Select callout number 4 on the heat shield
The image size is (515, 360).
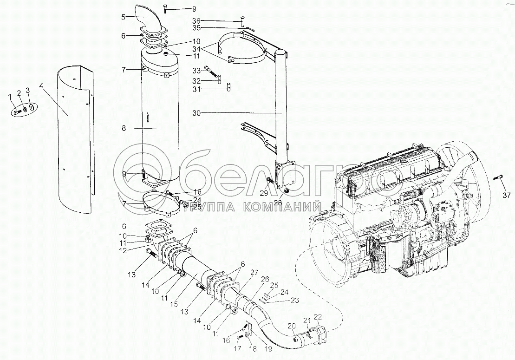click(42, 85)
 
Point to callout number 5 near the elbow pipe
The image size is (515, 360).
click(123, 17)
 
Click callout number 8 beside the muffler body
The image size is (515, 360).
click(124, 128)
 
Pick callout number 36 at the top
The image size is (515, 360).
click(196, 20)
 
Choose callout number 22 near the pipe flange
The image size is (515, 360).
click(318, 317)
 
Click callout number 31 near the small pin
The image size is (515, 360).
click(196, 90)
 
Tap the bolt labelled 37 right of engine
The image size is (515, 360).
click(499, 177)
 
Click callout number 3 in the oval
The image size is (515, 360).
click(27, 90)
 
